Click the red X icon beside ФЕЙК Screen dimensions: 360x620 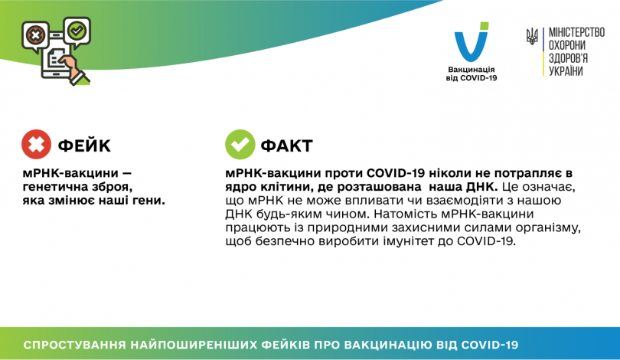[x=36, y=144]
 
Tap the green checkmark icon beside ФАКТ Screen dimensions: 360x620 [x=240, y=144]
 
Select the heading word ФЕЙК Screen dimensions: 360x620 [x=84, y=145]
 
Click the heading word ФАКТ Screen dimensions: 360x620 [x=287, y=145]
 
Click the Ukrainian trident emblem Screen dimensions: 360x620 [x=532, y=36]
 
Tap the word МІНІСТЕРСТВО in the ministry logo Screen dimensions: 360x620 [x=577, y=34]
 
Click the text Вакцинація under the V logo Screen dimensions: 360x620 [x=472, y=70]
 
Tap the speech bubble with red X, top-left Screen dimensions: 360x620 [x=35, y=34]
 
